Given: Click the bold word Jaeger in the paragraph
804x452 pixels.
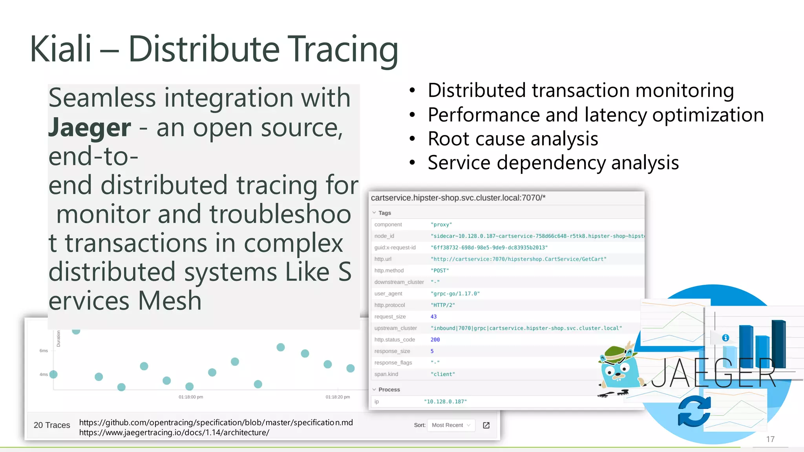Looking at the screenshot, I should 90,128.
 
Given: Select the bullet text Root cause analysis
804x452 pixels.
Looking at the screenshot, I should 513,139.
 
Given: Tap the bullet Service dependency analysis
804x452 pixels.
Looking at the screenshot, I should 553,163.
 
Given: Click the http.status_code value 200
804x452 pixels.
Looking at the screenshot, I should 435,340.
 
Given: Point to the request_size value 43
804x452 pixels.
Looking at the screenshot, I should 433,317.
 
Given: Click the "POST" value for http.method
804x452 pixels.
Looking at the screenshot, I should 439,271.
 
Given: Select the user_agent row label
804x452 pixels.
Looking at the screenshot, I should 388,293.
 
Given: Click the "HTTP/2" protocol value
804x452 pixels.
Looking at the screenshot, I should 442,305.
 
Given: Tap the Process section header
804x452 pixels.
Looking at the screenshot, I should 389,390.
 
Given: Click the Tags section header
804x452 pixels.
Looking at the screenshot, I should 384,213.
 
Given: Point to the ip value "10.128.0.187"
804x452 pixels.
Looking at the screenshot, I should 445,402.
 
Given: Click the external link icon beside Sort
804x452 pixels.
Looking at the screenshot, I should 486,425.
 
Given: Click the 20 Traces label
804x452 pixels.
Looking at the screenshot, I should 52,425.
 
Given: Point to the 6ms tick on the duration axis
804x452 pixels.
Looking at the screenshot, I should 44,351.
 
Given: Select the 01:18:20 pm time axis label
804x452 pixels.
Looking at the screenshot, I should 338,397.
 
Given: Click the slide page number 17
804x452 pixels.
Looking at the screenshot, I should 770,439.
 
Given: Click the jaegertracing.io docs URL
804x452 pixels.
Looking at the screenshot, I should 174,433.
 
